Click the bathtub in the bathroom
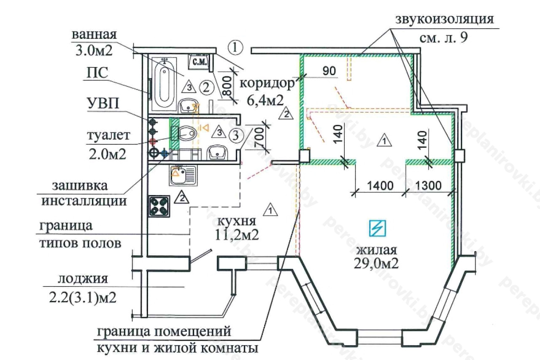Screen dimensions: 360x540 click(x=164, y=82)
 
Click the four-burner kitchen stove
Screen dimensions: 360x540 click(x=159, y=206)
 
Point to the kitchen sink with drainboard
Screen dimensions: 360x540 click(x=183, y=176)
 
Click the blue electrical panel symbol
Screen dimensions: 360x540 click(x=377, y=228)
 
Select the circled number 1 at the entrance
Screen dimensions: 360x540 click(x=235, y=47)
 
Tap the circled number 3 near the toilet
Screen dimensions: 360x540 click(x=237, y=135)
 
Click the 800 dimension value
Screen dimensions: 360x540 click(x=227, y=87)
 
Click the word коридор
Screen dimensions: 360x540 click(x=267, y=84)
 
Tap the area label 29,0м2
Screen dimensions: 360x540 click(x=377, y=263)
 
